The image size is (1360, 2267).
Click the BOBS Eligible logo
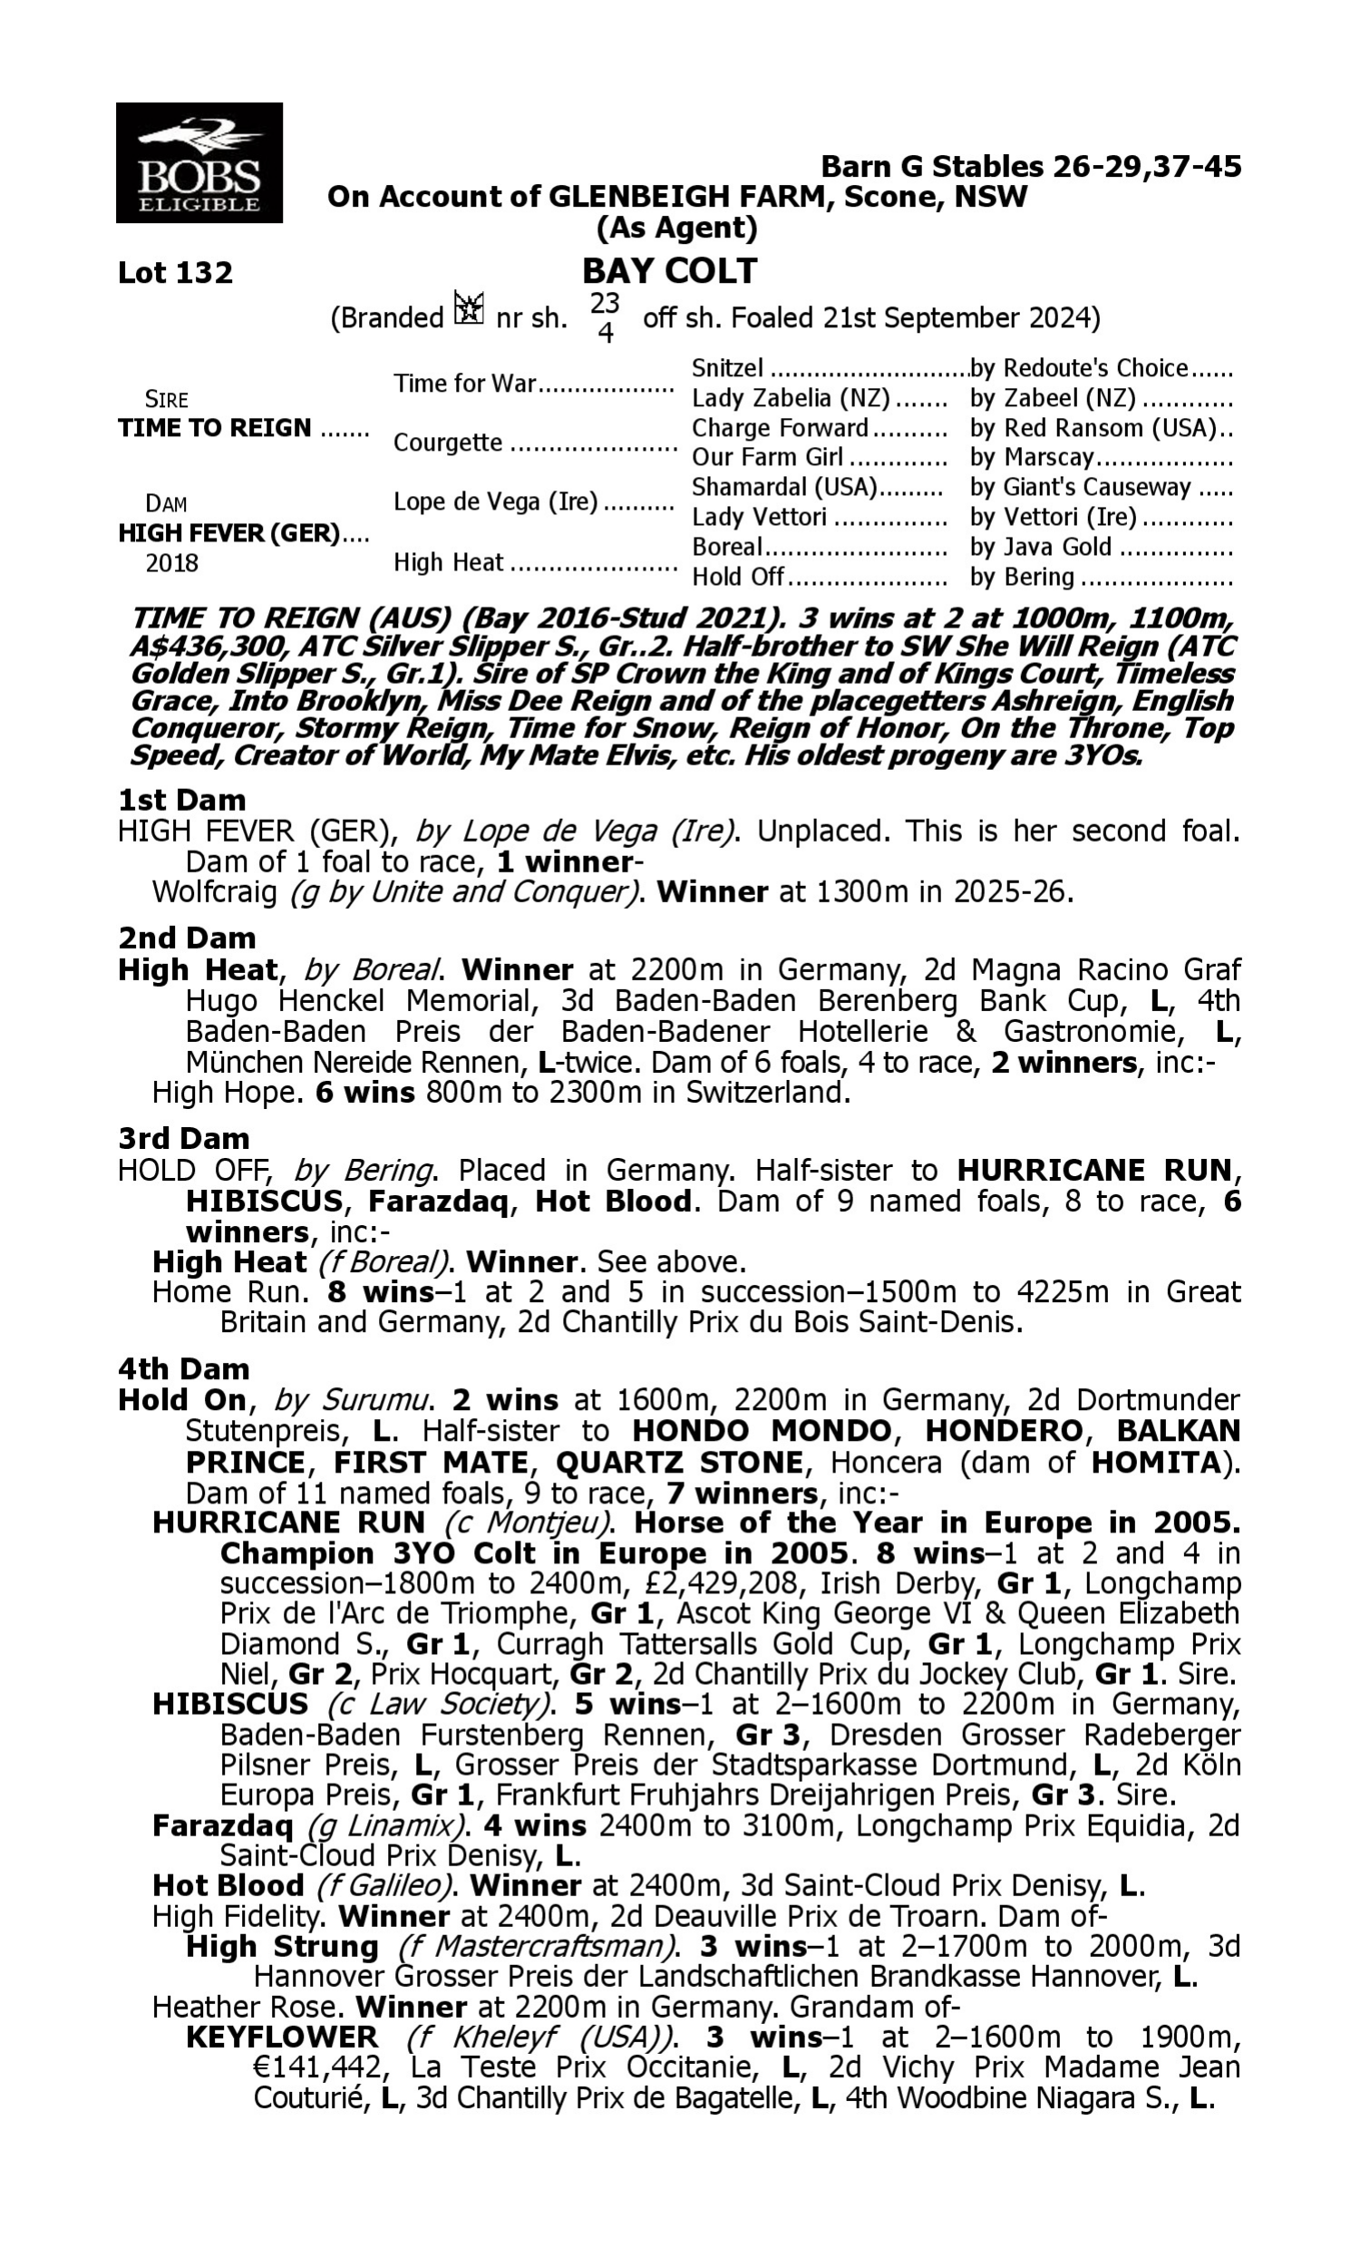[199, 163]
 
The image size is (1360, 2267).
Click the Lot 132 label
[175, 272]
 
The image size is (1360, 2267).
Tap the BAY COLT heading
[670, 270]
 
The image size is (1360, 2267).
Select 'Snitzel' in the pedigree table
[727, 368]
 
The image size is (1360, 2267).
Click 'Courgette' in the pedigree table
[447, 443]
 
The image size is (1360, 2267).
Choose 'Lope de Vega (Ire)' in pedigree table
[495, 502]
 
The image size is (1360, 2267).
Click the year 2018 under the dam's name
[171, 562]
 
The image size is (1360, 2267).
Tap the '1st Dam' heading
[181, 800]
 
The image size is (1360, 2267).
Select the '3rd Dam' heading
[183, 1138]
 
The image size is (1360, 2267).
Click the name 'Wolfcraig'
[215, 891]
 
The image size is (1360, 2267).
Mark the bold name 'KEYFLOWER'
[282, 2037]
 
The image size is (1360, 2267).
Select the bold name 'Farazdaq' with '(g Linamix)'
[223, 1825]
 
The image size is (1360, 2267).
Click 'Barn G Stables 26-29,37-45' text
[1030, 167]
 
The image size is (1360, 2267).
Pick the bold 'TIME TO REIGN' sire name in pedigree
[215, 428]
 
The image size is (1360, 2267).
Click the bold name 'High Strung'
[282, 1946]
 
